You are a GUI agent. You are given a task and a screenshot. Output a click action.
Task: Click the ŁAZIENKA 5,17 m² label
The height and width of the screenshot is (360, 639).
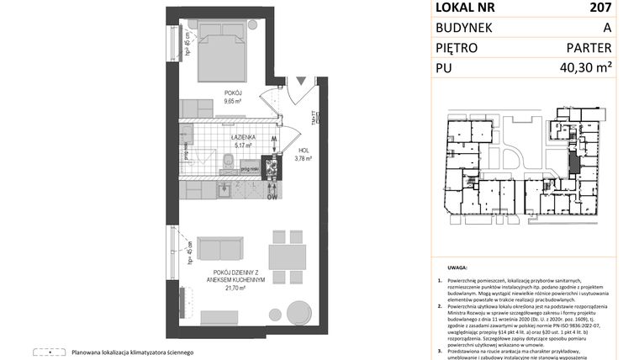tap(245, 140)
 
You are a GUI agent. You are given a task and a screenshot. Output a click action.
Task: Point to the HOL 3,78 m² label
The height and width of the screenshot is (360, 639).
tap(303, 154)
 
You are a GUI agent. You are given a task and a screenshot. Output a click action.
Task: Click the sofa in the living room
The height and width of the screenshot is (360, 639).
tap(220, 250)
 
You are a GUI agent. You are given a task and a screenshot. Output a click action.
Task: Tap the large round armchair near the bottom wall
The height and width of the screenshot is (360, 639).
tap(298, 310)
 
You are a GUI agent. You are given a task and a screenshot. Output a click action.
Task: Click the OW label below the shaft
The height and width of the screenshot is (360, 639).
tap(272, 199)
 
